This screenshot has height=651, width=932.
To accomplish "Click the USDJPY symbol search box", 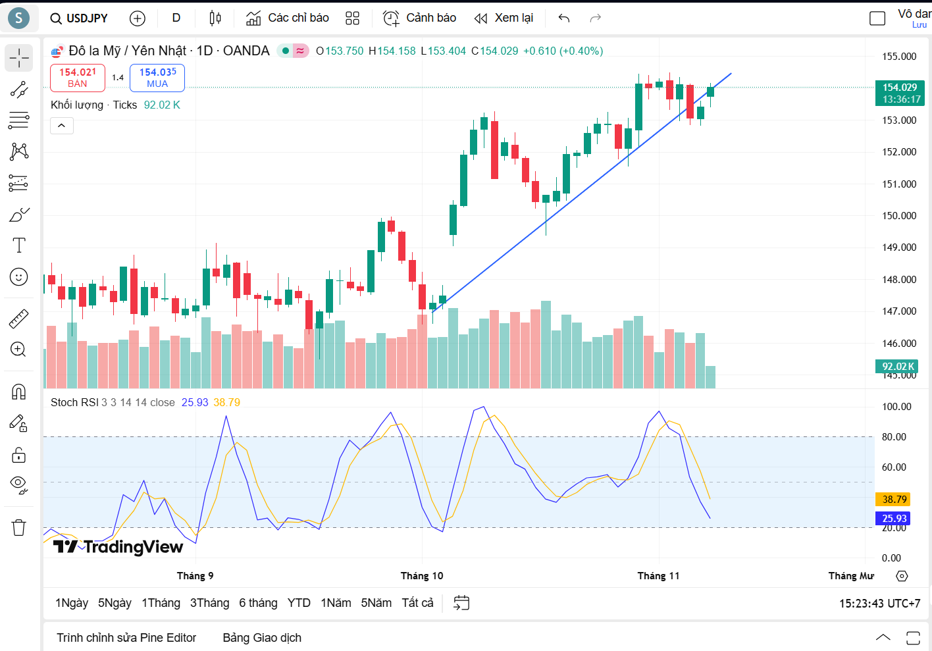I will click(79, 18).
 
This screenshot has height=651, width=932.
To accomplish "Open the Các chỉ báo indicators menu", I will click(288, 18).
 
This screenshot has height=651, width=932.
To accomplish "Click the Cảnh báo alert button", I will click(420, 18).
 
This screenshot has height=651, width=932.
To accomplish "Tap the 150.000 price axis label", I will click(899, 216).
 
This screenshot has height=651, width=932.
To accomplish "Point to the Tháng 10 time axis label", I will click(422, 576).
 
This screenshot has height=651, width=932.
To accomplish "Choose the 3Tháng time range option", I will click(209, 603).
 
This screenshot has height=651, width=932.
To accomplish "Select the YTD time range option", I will click(299, 603).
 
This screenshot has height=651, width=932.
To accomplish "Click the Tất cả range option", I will click(417, 603).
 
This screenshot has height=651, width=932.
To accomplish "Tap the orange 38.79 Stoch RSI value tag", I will click(893, 500).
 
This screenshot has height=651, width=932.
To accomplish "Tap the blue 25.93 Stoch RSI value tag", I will click(893, 519).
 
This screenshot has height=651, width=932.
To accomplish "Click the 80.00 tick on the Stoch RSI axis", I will click(894, 437).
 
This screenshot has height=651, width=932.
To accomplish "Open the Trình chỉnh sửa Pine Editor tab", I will click(126, 638).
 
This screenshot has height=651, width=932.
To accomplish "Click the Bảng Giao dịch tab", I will click(262, 638).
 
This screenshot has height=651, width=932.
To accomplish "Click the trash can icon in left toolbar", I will click(18, 527).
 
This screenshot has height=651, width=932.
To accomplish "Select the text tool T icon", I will click(19, 246).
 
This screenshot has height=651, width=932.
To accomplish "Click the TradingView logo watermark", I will click(118, 547).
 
